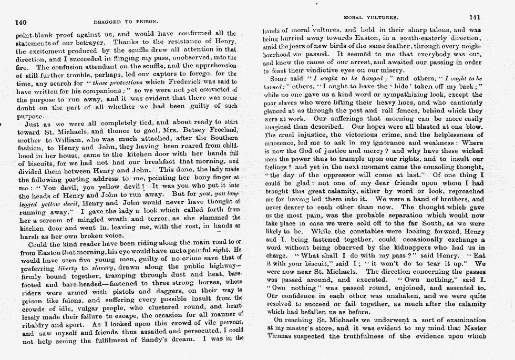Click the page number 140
coord(21,23)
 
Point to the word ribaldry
coord(33,325)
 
